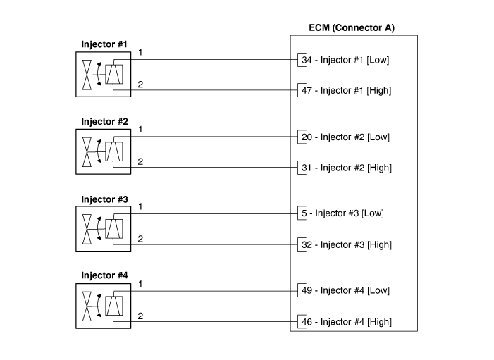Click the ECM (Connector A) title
(352, 28)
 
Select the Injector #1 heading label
(104, 44)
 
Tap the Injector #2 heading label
(104, 121)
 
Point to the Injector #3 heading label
(104, 199)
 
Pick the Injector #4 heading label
(104, 275)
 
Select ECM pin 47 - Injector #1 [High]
(346, 90)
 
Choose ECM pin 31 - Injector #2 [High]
(346, 168)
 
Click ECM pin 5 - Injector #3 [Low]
(342, 213)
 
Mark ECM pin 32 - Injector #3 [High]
(346, 244)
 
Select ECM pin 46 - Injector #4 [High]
(346, 321)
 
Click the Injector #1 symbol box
(102, 74)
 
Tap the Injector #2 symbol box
(102, 151)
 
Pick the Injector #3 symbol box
(102, 228)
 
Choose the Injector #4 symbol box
(102, 305)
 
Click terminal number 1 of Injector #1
(141, 53)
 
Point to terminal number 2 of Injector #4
(141, 316)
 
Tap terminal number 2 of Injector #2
(141, 162)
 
